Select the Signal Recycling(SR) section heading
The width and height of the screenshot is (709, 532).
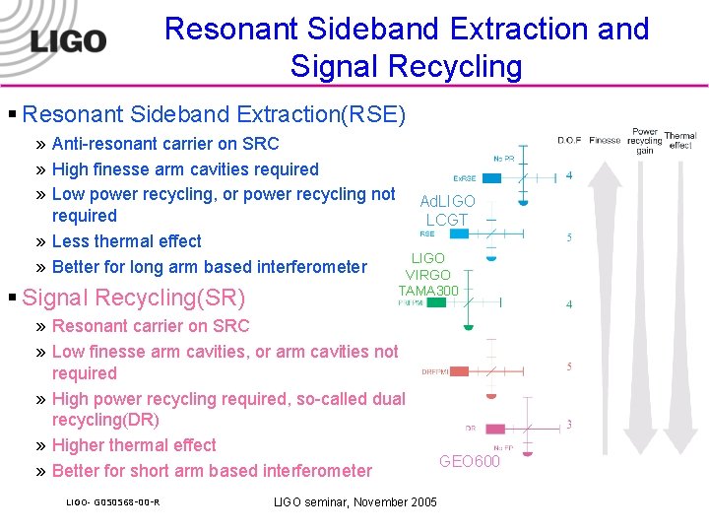pos(133,298)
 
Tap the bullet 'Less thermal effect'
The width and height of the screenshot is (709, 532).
pos(126,241)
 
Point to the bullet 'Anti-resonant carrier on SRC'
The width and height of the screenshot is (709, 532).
pos(165,144)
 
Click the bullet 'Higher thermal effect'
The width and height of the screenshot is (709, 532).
pos(134,445)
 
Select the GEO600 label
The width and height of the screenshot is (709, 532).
pos(469,461)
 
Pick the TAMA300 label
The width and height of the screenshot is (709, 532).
pos(428,291)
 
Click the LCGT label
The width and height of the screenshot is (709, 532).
pos(447,220)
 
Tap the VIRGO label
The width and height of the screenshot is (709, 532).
pos(428,275)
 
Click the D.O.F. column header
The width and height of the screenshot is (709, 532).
pos(569,140)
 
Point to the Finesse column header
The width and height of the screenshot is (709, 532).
pos(605,140)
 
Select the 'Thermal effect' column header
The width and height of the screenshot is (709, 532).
pos(680,140)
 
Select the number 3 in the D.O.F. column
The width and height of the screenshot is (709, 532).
pos(569,425)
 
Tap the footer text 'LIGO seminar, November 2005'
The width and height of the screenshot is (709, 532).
pos(354,502)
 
